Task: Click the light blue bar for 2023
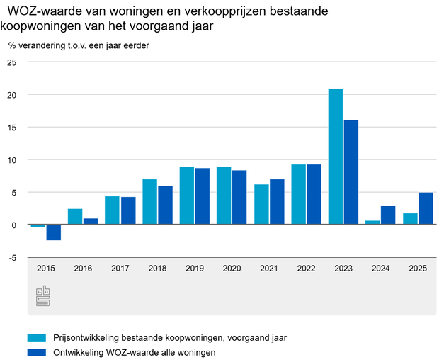pyautogui.click(x=336, y=157)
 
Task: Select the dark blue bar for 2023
pyautogui.click(x=351, y=172)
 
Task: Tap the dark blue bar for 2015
pyautogui.click(x=53, y=232)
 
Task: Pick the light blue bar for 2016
pyautogui.click(x=75, y=217)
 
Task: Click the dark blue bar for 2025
pyautogui.click(x=426, y=208)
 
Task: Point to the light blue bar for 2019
pyautogui.click(x=187, y=196)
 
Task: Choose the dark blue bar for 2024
pyautogui.click(x=388, y=215)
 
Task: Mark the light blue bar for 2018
pyautogui.click(x=149, y=202)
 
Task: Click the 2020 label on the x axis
pyautogui.click(x=232, y=269)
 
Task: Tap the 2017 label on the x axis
pyautogui.click(x=120, y=269)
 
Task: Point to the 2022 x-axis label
pyautogui.click(x=306, y=269)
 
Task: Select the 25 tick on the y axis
pyautogui.click(x=11, y=62)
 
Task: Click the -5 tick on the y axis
pyautogui.click(x=13, y=258)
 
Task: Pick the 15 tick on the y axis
pyautogui.click(x=11, y=128)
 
